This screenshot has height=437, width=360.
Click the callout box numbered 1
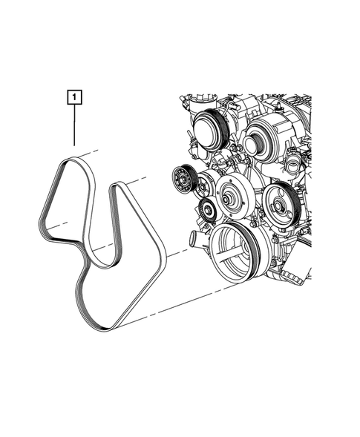75,96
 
